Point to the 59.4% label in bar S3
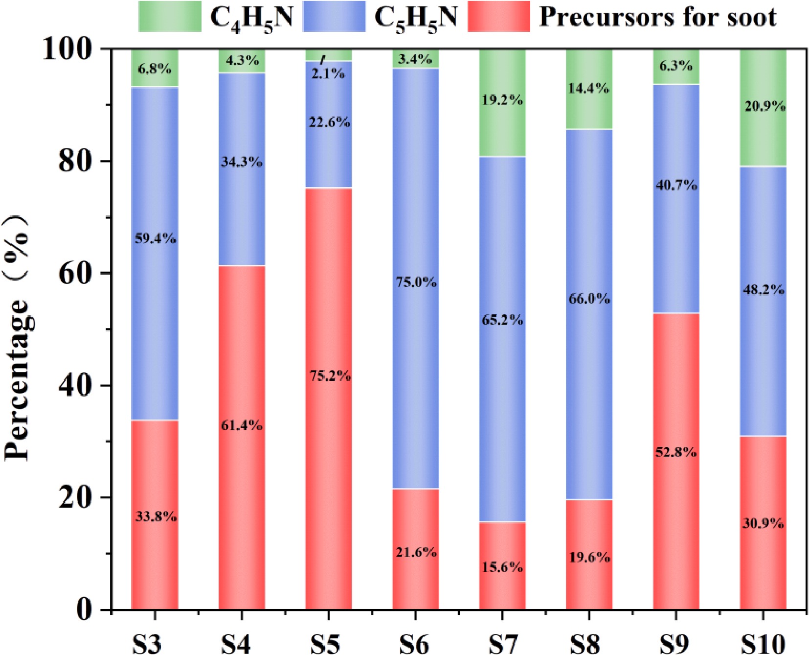pos(155,238)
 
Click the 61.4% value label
pos(242,425)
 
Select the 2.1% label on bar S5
pos(328,73)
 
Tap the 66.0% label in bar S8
pos(589,299)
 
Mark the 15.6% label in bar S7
pos(502,567)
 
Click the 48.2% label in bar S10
pos(764,290)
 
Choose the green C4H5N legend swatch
pos(170,16)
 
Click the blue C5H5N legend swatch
pos(334,16)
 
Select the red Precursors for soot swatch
pos(498,16)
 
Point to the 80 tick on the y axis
pos(74,161)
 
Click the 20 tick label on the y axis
pos(74,497)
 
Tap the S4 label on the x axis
pos(236,643)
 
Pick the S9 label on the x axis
pos(674,643)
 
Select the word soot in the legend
pos(751,17)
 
